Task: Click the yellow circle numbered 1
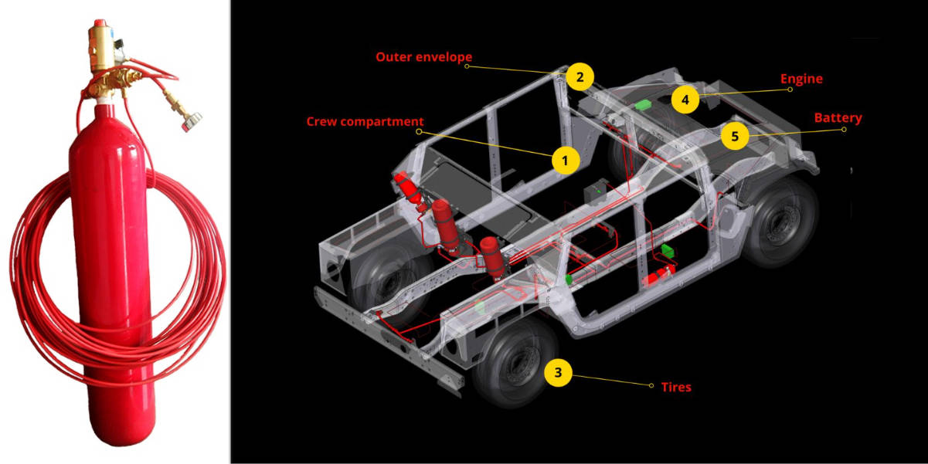click(565, 161)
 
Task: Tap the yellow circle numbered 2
click(580, 76)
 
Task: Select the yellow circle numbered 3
click(558, 373)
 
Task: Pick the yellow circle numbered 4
click(685, 99)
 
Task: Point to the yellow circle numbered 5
click(735, 136)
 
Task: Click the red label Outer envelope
click(423, 57)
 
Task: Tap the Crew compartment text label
click(365, 121)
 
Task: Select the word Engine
click(801, 79)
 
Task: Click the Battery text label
click(838, 118)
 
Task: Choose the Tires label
click(675, 387)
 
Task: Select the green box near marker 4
click(643, 104)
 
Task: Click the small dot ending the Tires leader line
click(651, 385)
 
